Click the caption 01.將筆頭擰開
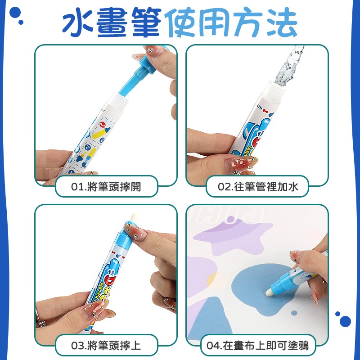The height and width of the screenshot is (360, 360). point(107,186)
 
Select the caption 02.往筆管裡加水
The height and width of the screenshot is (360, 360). point(258,186)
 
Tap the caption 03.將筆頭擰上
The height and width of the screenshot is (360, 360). point(107,346)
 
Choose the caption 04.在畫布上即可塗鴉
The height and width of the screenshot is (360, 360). point(258,346)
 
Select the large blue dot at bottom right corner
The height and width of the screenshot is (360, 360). point(345,321)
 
